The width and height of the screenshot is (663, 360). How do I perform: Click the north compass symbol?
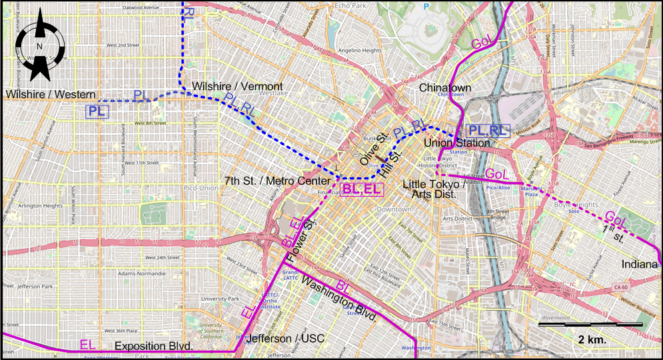point(39,45)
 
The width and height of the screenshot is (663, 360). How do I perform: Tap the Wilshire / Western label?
point(51,95)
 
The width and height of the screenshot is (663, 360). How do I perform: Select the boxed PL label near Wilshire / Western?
point(97,111)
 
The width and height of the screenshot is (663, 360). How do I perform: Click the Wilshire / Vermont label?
point(237,87)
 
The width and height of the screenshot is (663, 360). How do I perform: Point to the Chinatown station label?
point(445,87)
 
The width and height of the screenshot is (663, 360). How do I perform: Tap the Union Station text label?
point(457,143)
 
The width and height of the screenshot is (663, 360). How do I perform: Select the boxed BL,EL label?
point(362,190)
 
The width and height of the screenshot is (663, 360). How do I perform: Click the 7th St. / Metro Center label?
point(278,181)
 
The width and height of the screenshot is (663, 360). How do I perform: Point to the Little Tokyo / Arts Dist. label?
point(430,188)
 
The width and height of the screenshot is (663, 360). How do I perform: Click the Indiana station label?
point(640,264)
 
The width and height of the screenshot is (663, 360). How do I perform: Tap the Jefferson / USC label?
point(285,339)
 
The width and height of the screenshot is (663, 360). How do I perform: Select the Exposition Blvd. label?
point(154,347)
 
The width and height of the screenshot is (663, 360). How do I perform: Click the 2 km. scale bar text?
point(592,339)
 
